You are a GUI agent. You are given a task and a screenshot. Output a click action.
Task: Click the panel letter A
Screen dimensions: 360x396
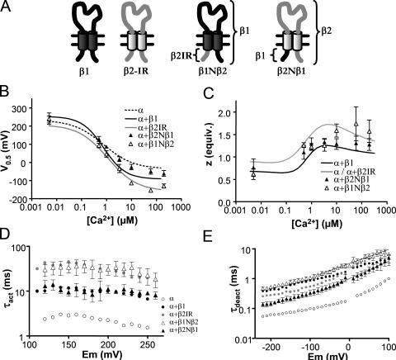click(7, 7)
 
